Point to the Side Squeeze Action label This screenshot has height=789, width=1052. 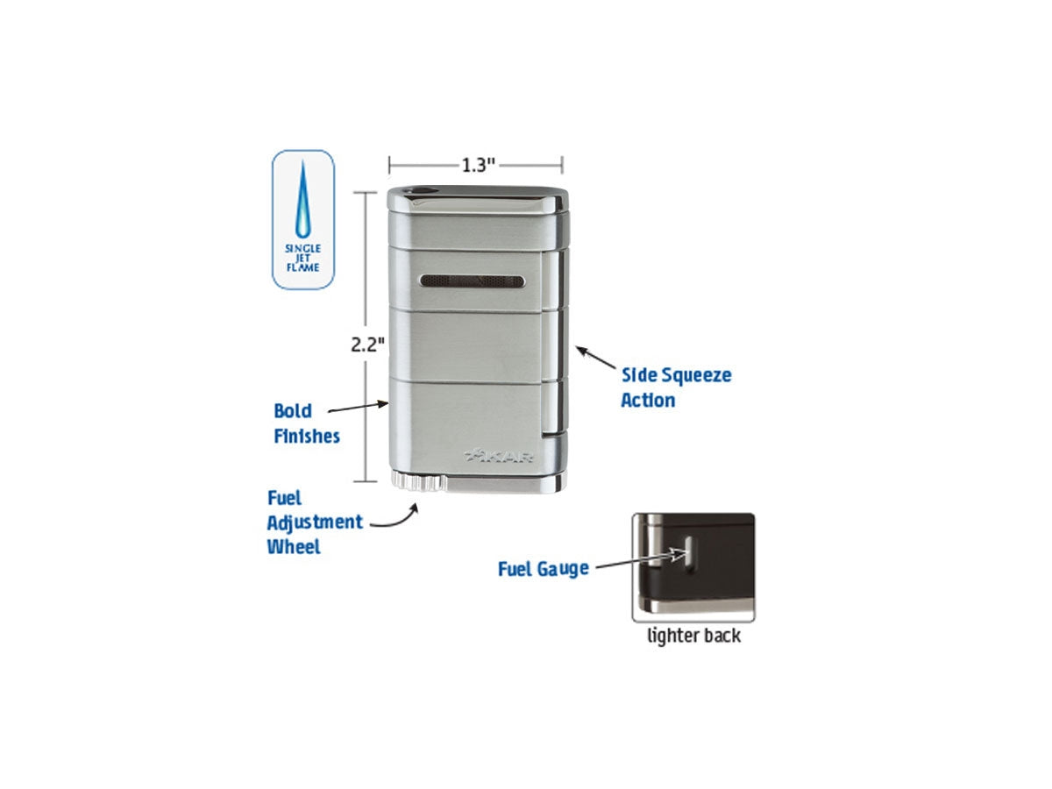pyautogui.click(x=676, y=387)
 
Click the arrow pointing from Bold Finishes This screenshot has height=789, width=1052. pyautogui.click(x=358, y=407)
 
